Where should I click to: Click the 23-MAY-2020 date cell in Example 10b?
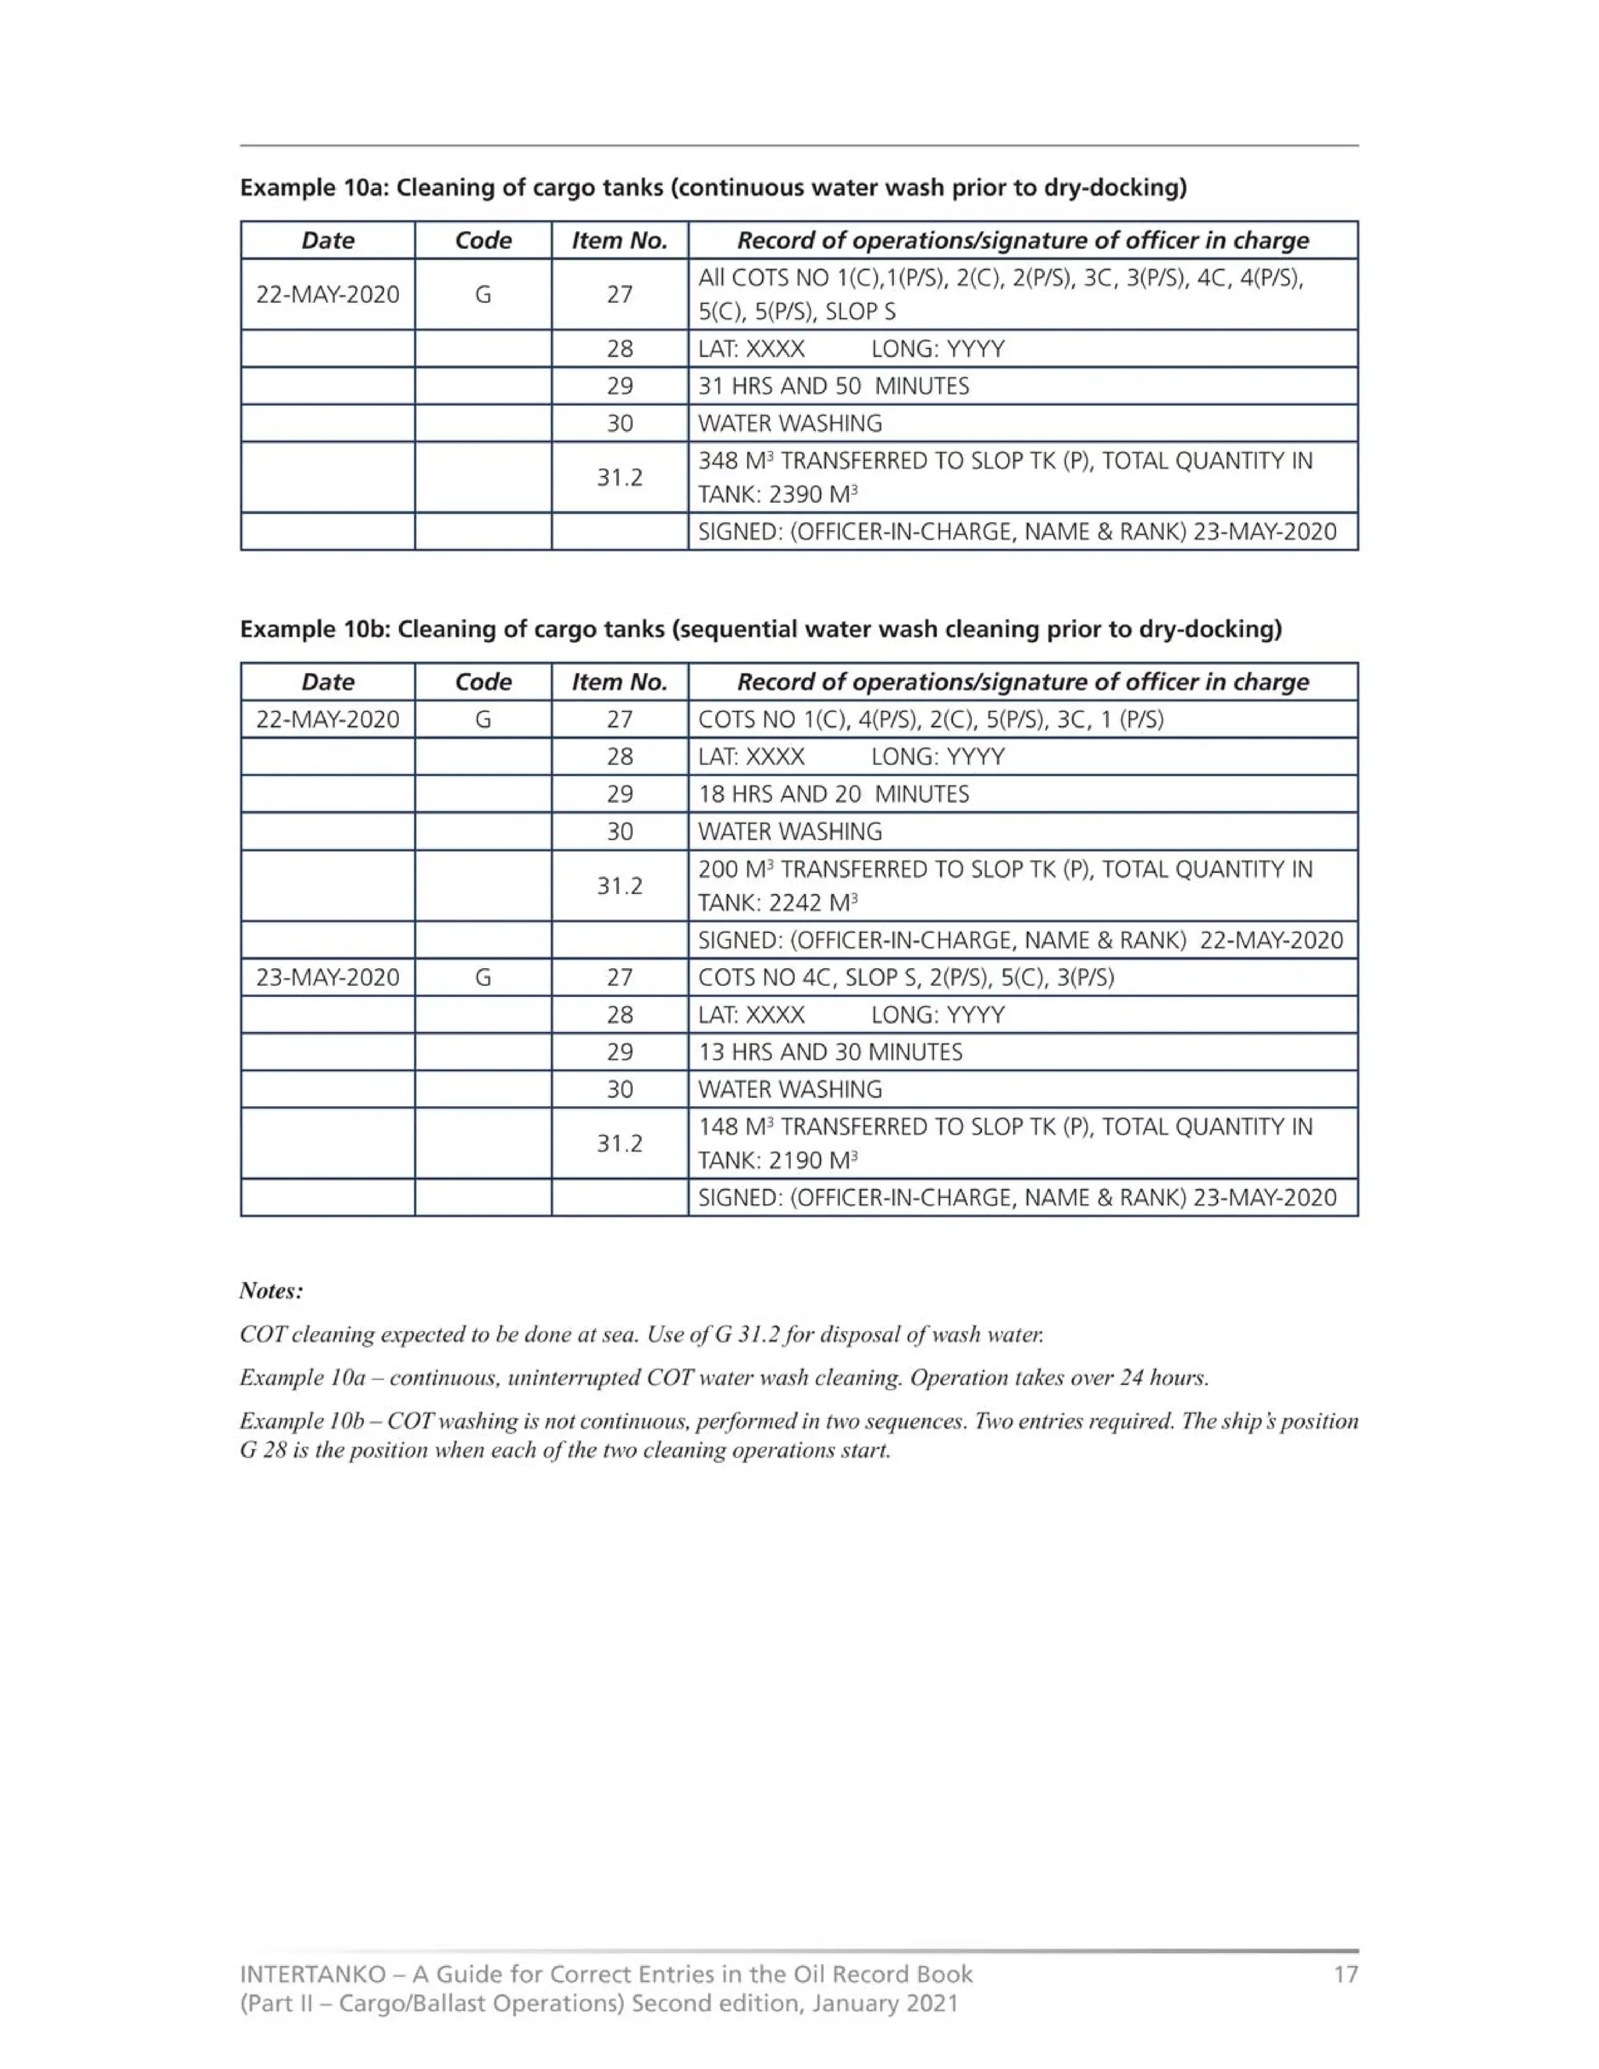(x=328, y=977)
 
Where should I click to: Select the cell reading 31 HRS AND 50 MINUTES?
(x=834, y=386)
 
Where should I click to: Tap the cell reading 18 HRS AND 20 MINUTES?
(x=834, y=794)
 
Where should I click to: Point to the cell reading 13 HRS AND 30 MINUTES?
(x=830, y=1052)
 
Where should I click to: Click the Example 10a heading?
(x=712, y=187)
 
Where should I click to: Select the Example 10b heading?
(x=760, y=629)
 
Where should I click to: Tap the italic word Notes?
(x=271, y=1291)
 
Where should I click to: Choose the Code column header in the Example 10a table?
(x=483, y=240)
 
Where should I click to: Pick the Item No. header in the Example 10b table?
(x=619, y=682)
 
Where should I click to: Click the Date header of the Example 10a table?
(x=328, y=240)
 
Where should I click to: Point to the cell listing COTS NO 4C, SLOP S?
(x=906, y=977)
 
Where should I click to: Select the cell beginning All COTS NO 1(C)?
(x=1000, y=294)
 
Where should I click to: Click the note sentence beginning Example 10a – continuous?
(x=724, y=1376)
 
